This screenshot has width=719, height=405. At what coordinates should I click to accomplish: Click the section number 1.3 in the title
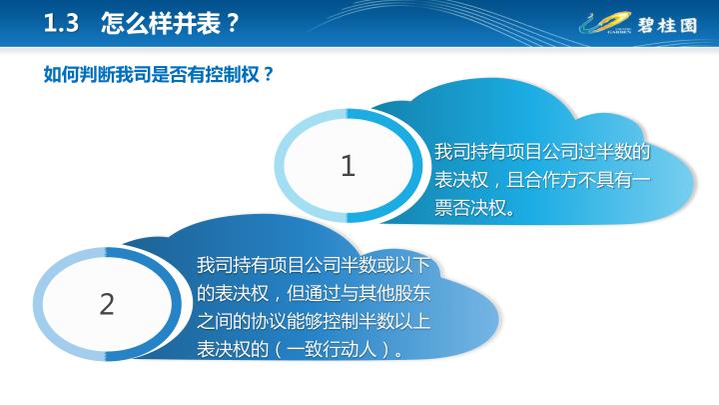tap(61, 23)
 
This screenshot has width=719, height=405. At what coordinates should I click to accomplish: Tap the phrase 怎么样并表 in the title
tap(161, 23)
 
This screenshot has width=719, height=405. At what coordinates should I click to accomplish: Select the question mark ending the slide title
tap(233, 23)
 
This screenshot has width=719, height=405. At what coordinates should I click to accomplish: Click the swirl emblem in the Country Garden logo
tap(605, 23)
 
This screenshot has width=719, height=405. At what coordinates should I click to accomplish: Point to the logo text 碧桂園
tap(667, 25)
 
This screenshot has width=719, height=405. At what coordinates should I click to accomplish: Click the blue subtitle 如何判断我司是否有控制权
tap(152, 74)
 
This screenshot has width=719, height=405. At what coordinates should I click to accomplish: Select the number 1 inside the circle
tap(349, 165)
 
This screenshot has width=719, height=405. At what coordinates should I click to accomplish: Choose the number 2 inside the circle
tap(107, 304)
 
